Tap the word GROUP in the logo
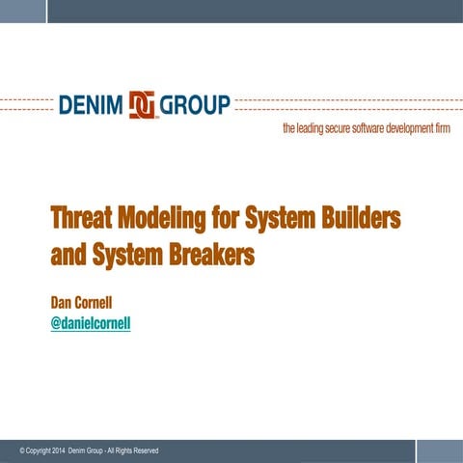pos(195,105)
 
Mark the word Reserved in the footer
pos(142,451)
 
